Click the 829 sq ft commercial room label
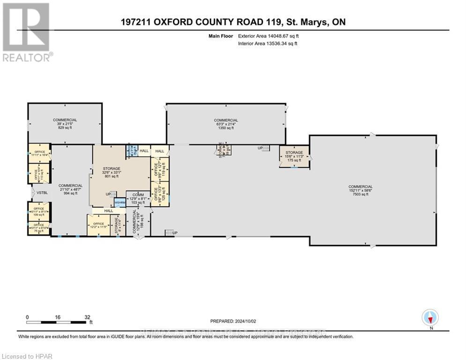[65, 124]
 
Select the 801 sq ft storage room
[112, 172]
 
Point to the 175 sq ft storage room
[294, 156]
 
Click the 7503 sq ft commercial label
[373, 189]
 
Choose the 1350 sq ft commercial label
[226, 124]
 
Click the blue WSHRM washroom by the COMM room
[120, 202]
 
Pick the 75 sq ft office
[39, 228]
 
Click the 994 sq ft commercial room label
[70, 189]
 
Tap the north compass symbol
[429, 317]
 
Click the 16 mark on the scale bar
[58, 317]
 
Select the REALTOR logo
[27, 32]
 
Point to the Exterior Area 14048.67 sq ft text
[267, 36]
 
